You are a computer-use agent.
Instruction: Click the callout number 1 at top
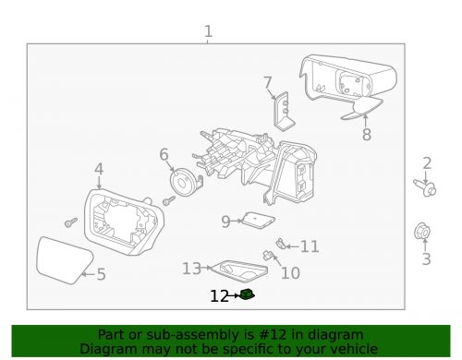tap(208, 33)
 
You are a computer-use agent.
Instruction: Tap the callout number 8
tap(366, 135)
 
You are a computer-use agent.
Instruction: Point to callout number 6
tap(164, 154)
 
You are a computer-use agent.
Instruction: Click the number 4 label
tap(99, 169)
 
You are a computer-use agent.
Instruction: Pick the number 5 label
tap(102, 274)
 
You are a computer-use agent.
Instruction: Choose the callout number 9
tap(225, 222)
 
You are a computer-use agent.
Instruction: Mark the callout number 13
tap(191, 269)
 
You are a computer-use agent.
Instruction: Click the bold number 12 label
tap(219, 296)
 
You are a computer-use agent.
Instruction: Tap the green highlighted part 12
tap(247, 294)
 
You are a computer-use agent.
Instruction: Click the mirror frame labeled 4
tap(120, 222)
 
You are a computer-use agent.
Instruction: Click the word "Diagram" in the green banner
tap(108, 349)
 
